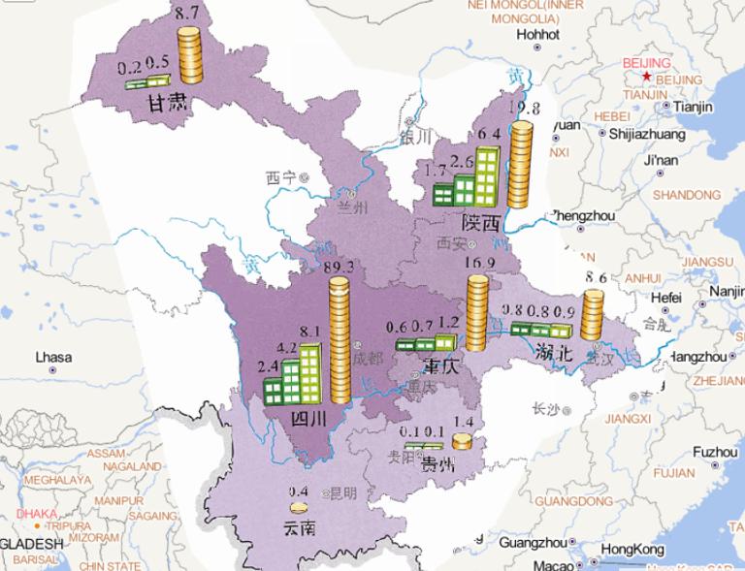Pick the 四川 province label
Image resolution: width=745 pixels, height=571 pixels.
pyautogui.click(x=309, y=418)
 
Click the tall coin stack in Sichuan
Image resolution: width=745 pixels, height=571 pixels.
pyautogui.click(x=340, y=339)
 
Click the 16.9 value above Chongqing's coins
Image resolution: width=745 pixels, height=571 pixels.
pyautogui.click(x=476, y=263)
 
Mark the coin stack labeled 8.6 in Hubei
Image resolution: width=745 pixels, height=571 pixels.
pyautogui.click(x=591, y=316)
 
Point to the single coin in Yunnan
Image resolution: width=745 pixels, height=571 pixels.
pyautogui.click(x=298, y=507)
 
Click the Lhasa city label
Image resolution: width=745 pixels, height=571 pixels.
pyautogui.click(x=53, y=357)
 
